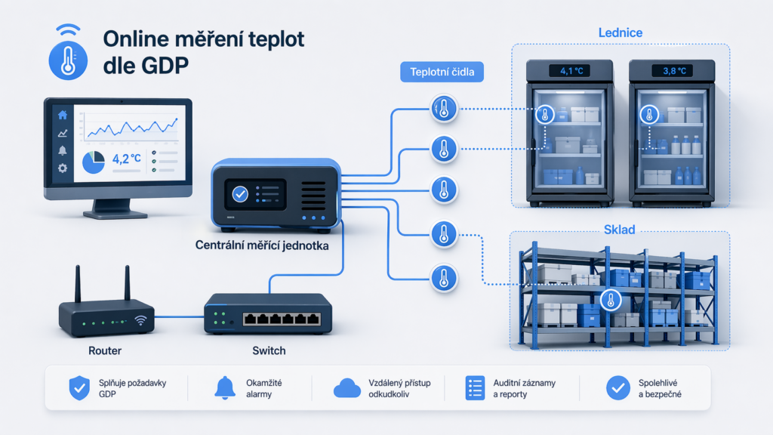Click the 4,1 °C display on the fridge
571,71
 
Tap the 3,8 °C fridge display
674,71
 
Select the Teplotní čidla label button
442,72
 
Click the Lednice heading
621,32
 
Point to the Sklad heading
619,230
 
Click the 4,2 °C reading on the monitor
127,159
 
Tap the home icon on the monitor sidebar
63,116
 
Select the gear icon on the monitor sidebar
63,168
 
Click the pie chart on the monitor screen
93,162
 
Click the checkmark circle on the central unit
240,194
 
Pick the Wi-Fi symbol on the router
141,320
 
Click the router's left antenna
78,284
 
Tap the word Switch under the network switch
269,350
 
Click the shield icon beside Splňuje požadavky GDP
79,387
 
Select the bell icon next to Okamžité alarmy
225,387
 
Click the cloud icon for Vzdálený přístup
347,388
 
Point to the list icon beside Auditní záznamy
476,388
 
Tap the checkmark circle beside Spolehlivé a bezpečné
618,387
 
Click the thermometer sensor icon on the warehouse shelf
611,300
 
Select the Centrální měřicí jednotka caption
262,245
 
